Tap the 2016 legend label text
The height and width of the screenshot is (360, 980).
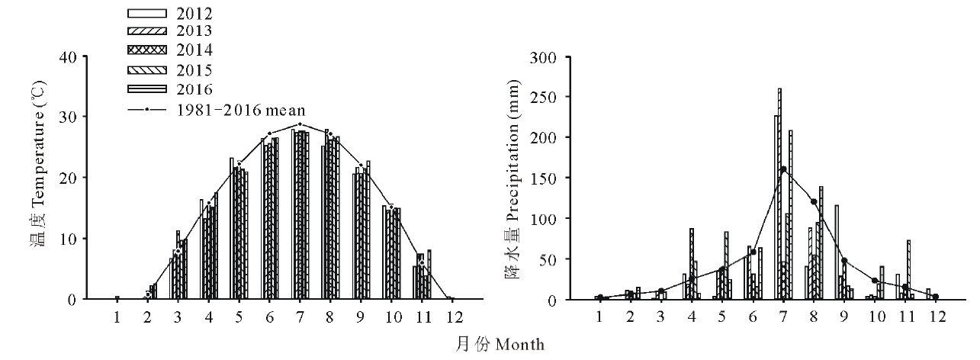194,88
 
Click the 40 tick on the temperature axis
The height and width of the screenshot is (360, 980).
68,57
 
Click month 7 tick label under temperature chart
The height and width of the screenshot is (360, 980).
300,317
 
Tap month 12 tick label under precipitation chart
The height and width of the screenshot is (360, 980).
937,317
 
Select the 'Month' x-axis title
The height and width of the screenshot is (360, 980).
520,346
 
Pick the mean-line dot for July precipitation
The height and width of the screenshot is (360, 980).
783,169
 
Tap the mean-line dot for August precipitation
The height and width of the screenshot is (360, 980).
814,202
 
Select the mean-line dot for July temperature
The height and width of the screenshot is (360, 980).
300,124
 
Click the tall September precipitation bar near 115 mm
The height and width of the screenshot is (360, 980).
837,252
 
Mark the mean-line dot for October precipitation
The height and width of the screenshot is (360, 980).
875,281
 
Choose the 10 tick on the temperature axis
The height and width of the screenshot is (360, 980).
68,239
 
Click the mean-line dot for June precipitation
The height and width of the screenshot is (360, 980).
753,252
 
